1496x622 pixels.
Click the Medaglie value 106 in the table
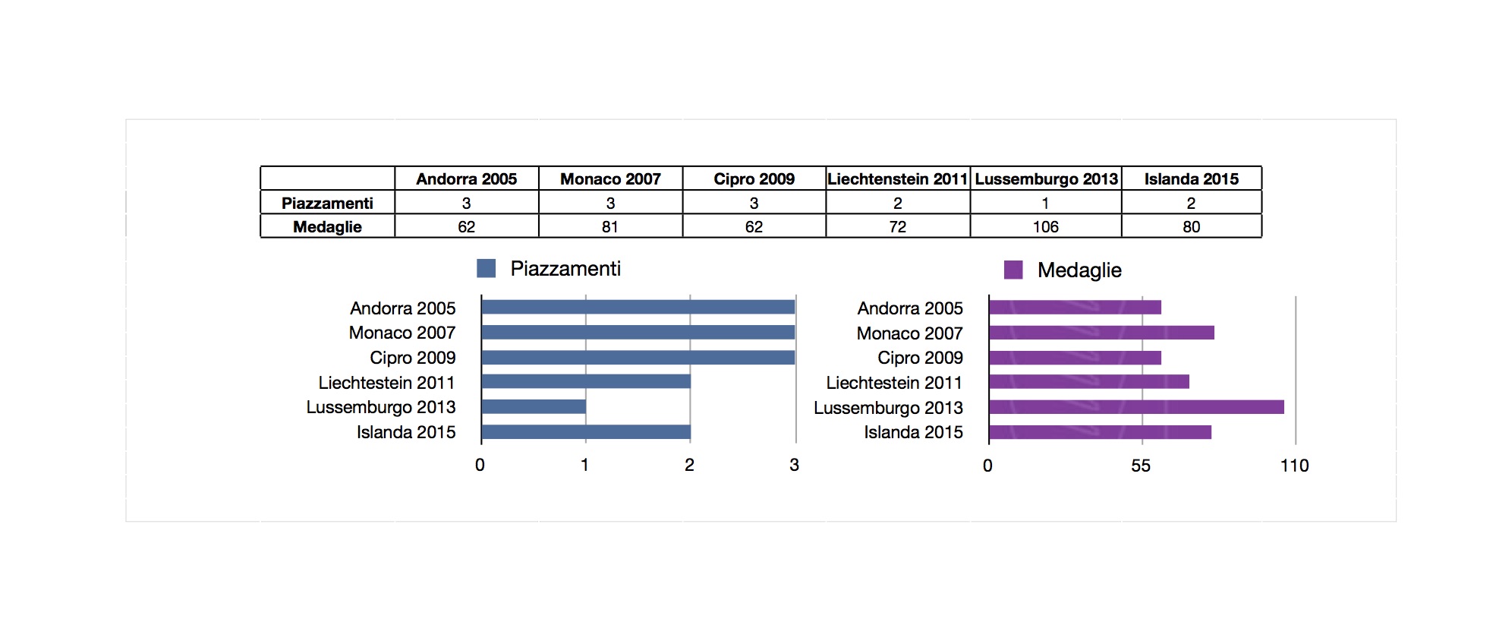pyautogui.click(x=1045, y=226)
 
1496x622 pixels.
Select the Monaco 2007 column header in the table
pyautogui.click(x=610, y=178)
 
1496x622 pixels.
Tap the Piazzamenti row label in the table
pyautogui.click(x=327, y=203)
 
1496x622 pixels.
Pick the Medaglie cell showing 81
pyautogui.click(x=610, y=226)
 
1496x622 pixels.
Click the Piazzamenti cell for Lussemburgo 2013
pyautogui.click(x=1045, y=203)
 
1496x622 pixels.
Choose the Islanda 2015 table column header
pyautogui.click(x=1191, y=178)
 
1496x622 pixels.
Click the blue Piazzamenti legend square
pyautogui.click(x=486, y=268)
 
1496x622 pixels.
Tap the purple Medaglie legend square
pyautogui.click(x=1013, y=270)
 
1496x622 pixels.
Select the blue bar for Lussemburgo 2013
pyautogui.click(x=534, y=407)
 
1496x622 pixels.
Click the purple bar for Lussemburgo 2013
pyautogui.click(x=1137, y=407)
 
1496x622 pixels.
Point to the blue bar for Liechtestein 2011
pyautogui.click(x=586, y=381)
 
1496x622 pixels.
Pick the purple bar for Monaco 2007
pyautogui.click(x=1102, y=333)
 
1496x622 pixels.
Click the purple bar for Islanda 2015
pyautogui.click(x=1101, y=432)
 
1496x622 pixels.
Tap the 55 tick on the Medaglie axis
pyautogui.click(x=1141, y=466)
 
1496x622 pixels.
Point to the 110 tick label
pyautogui.click(x=1295, y=466)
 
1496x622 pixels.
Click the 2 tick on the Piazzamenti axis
pyautogui.click(x=689, y=465)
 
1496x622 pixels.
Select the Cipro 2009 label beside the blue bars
pyautogui.click(x=413, y=358)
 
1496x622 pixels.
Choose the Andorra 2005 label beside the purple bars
pyautogui.click(x=910, y=308)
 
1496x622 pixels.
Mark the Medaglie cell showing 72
pyautogui.click(x=898, y=226)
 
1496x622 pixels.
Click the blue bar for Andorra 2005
pyautogui.click(x=638, y=307)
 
